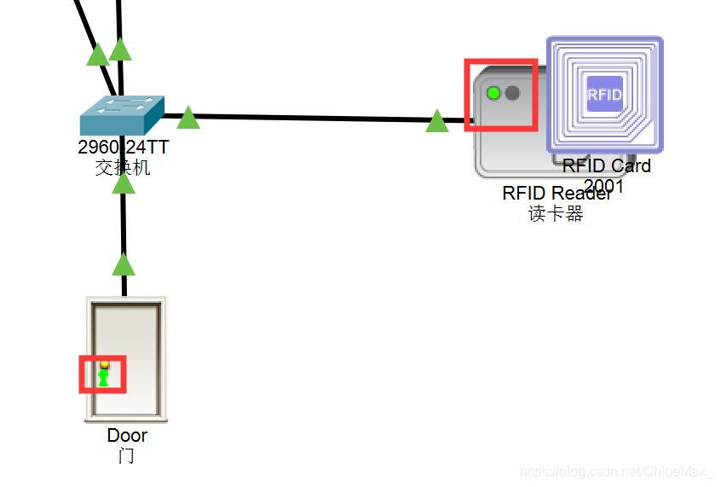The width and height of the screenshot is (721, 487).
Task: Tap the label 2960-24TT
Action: click(123, 147)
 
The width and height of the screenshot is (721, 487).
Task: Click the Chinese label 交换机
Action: click(123, 167)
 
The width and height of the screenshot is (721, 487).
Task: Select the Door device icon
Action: click(125, 358)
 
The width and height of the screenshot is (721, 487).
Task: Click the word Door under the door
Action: click(127, 435)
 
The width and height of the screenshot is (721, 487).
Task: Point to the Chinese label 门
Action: click(126, 455)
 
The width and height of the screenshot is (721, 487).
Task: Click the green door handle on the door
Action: click(104, 375)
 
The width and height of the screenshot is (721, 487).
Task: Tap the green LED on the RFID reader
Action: click(493, 92)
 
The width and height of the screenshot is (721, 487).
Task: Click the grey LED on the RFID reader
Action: click(512, 92)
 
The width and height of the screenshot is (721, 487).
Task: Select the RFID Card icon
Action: click(604, 94)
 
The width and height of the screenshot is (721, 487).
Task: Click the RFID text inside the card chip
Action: click(604, 94)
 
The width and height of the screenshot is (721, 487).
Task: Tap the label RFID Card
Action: click(606, 165)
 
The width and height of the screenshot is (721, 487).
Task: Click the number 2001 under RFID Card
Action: click(604, 185)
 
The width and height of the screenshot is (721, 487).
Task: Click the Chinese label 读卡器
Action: click(556, 213)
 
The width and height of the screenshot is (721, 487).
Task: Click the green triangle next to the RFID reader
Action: click(437, 122)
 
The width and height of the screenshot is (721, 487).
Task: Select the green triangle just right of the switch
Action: click(188, 118)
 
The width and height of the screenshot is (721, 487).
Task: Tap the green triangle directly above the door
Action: click(124, 264)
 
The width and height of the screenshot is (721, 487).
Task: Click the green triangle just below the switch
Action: click(124, 183)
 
